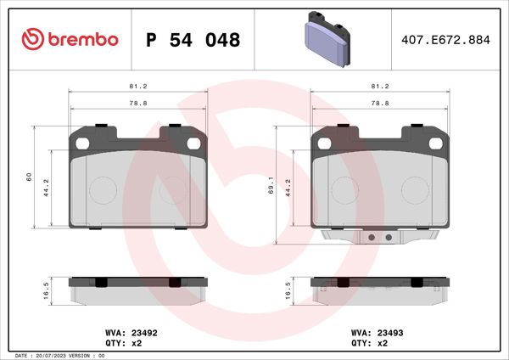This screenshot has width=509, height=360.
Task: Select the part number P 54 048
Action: coord(193,40)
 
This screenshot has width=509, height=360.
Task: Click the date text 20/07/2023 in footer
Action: coord(57,355)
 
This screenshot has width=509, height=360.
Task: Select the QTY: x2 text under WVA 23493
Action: coord(370,344)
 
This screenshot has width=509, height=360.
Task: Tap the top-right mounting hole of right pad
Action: coord(440,143)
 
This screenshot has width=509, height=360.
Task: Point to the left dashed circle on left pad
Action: coord(103,188)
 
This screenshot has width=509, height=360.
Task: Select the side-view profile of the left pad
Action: coord(138,290)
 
